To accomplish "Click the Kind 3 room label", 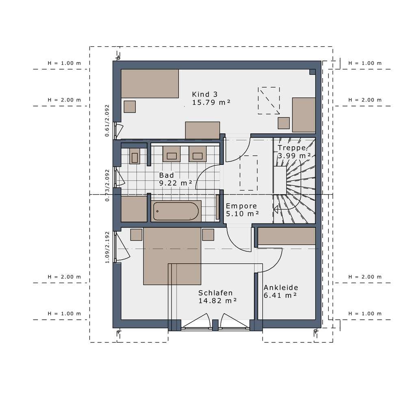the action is (x=205, y=94).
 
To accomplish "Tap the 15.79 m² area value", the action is (x=211, y=102).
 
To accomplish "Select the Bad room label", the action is (x=166, y=175).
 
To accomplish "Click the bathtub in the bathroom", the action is (x=176, y=211).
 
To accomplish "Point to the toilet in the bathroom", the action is (x=134, y=157).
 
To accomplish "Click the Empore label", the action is (x=241, y=206).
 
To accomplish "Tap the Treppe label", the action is (x=292, y=148).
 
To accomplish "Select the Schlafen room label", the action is (x=215, y=292).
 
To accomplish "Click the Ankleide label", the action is (x=281, y=287).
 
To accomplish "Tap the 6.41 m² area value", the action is (x=280, y=295).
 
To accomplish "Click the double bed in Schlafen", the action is (x=172, y=256).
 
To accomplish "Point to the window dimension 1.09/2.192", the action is (x=107, y=247).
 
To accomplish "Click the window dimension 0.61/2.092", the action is (x=107, y=120).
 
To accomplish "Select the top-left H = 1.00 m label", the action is (x=64, y=63).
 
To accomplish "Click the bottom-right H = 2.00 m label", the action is (x=365, y=277).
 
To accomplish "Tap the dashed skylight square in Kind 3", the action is (x=269, y=101).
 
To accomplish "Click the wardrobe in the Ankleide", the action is (x=286, y=236).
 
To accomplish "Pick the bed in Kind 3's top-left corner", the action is (x=149, y=84).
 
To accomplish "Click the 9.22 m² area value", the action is (x=175, y=183).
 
